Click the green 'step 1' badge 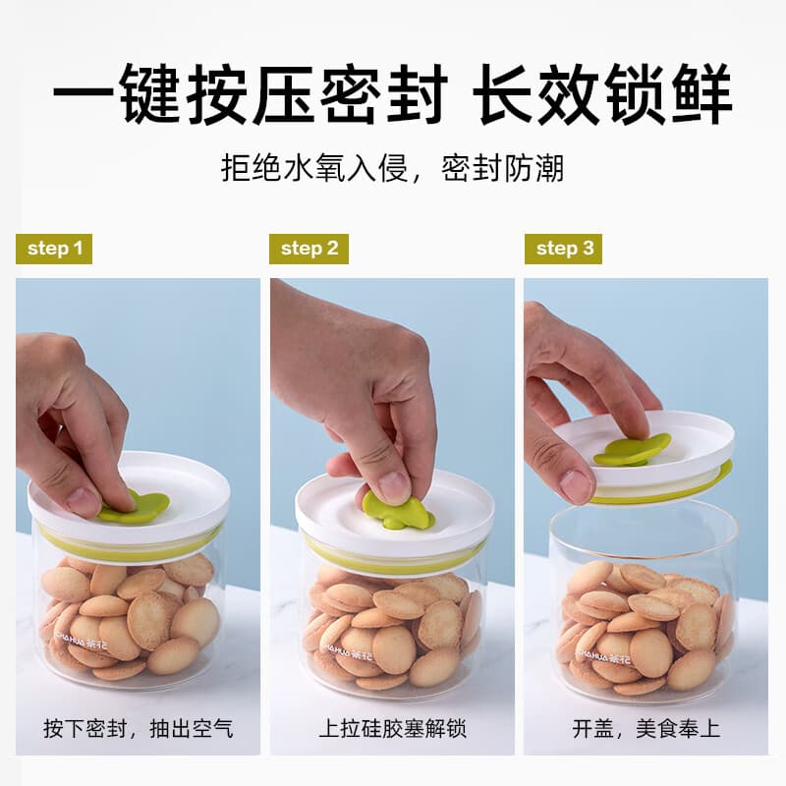(x=54, y=249)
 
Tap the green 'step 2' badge (x=309, y=249)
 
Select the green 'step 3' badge (x=563, y=249)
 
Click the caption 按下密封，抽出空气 (x=139, y=728)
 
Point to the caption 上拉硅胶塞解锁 (x=392, y=728)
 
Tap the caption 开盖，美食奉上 (x=646, y=728)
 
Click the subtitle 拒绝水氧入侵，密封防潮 (x=392, y=168)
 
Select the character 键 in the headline (x=150, y=93)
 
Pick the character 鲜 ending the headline (x=702, y=93)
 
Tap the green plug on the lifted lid (x=633, y=449)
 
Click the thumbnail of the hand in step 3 (x=577, y=486)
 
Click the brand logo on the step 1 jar (x=82, y=644)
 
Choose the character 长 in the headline (x=505, y=93)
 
